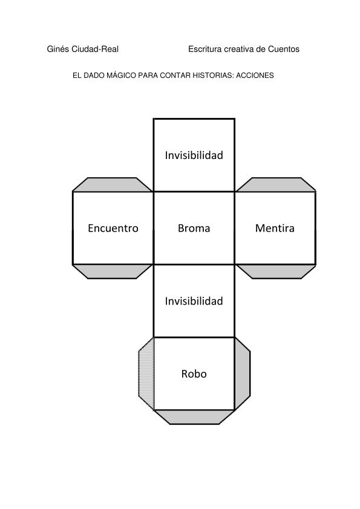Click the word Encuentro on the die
(x=113, y=229)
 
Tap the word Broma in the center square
(x=194, y=229)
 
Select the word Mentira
(x=275, y=229)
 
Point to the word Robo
(x=194, y=374)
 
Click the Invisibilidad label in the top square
(x=194, y=155)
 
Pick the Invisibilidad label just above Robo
(x=194, y=301)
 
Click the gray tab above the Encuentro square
(x=113, y=185)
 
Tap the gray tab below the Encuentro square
(x=113, y=271)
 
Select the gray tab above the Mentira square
(x=276, y=185)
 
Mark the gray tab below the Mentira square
(x=276, y=271)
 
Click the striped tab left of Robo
(x=146, y=374)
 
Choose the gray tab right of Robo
(x=243, y=374)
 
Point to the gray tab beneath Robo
(x=194, y=417)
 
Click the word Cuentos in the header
(x=284, y=49)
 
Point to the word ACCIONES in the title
(x=255, y=76)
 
